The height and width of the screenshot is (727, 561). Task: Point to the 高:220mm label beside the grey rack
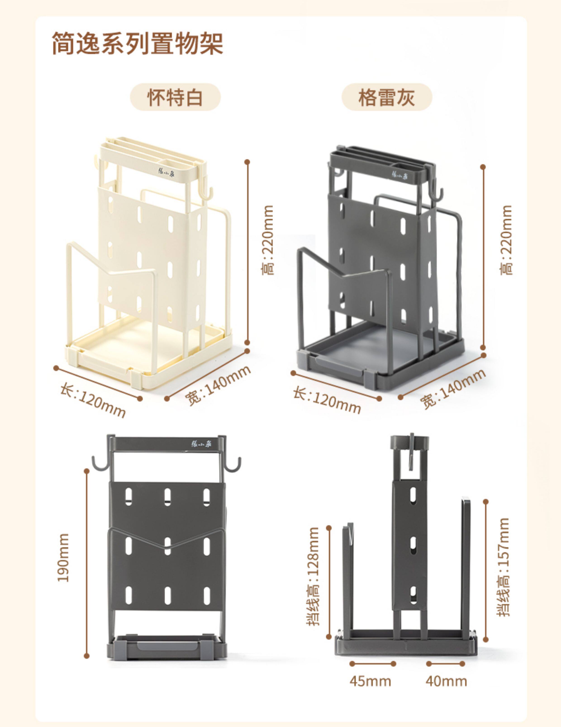506,240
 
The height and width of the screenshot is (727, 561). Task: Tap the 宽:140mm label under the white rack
218,385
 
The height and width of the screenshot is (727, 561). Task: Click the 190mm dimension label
63,557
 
